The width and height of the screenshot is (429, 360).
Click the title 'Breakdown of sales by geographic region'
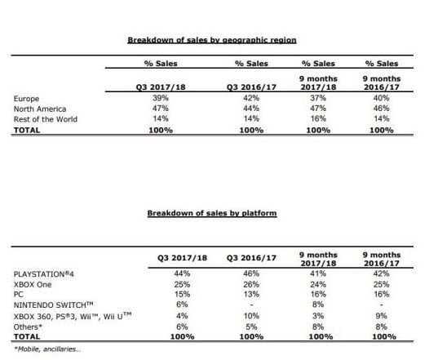212,40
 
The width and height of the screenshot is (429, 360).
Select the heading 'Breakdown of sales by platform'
212,213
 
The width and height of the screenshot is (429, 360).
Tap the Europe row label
26,99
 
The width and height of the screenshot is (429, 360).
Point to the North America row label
40,109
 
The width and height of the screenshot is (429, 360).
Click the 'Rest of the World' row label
46,119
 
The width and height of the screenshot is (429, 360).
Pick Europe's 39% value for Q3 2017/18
161,98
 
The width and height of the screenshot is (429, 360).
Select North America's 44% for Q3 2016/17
251,109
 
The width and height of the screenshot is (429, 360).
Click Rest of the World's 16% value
318,119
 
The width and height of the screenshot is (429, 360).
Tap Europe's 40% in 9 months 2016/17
381,98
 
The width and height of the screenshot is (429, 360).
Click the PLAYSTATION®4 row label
44,274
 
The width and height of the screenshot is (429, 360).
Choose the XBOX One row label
33,285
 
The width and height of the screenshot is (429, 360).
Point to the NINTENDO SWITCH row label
54,305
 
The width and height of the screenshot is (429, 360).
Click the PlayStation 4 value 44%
182,273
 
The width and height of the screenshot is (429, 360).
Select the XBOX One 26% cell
251,284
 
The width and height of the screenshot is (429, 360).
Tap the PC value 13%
251,295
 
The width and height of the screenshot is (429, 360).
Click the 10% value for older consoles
251,316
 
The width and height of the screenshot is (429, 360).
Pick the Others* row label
28,327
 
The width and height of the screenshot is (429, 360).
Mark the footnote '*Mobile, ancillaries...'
47,349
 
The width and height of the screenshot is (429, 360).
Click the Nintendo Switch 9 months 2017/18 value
318,304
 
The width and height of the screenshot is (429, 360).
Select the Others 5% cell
251,327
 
